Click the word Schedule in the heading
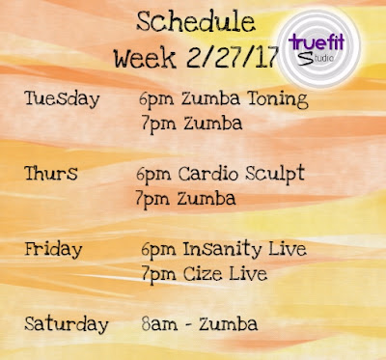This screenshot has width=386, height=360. tap(196, 22)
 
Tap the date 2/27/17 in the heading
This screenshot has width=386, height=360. tap(233, 58)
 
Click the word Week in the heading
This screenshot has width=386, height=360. tap(145, 58)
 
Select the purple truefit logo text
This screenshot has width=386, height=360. tap(317, 42)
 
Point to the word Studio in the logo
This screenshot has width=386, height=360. tap(316, 58)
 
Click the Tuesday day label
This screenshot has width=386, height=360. tap(62, 99)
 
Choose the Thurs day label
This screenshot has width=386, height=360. tap(51, 173)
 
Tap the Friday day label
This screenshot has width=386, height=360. tap(53, 250)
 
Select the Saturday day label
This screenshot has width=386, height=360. tap(67, 324)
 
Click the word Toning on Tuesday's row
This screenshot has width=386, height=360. tap(278, 98)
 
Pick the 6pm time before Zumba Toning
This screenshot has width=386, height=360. tap(156, 99)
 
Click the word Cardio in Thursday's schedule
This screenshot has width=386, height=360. tap(208, 174)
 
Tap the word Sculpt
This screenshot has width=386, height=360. tap(275, 174)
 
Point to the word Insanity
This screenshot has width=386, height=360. tap(222, 249)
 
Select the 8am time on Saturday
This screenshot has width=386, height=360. tap(159, 324)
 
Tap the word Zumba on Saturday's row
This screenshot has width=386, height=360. tap(228, 324)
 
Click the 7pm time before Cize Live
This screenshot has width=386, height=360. tap(159, 275)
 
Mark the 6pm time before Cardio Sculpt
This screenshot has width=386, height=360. tap(153, 175)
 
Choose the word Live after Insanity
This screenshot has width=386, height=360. tap(288, 249)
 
